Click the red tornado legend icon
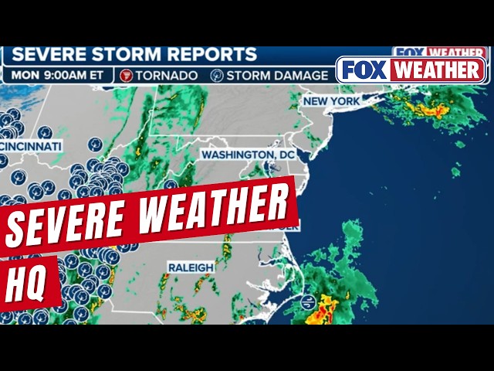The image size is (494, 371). [127, 75]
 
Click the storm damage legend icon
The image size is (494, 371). [217, 75]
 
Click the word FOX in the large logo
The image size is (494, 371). [364, 70]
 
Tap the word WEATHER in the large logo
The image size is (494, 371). [437, 70]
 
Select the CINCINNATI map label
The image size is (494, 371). [31, 145]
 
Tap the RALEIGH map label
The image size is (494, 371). [190, 267]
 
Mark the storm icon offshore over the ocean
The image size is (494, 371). [308, 301]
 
